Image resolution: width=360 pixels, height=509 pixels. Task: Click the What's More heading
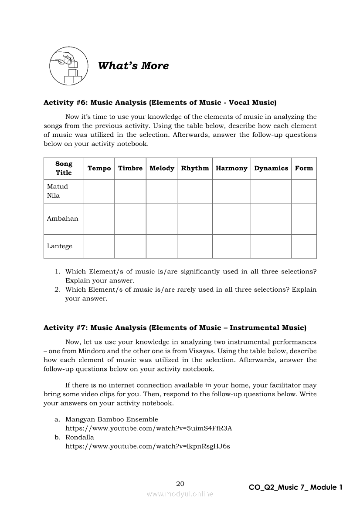coord(133,66)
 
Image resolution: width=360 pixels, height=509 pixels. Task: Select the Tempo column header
coord(99,169)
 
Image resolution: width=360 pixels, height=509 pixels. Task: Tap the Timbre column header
coord(130,169)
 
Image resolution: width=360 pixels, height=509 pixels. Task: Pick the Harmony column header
coord(231,169)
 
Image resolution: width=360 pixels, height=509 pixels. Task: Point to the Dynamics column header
coord(271,169)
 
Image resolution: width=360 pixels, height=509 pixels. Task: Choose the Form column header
coord(304,169)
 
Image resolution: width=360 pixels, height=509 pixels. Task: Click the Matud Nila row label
coord(58,191)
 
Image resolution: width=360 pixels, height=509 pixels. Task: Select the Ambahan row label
coord(63,219)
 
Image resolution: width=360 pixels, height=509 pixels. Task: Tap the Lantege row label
coord(60,246)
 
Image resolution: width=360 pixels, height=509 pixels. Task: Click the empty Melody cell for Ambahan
coord(162,219)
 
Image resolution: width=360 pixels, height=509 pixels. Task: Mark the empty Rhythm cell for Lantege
coord(195,246)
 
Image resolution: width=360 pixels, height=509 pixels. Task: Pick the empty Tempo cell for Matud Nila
coord(99,191)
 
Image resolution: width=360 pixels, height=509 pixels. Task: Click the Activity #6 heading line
coord(160,103)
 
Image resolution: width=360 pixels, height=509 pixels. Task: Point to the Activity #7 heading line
coord(175,328)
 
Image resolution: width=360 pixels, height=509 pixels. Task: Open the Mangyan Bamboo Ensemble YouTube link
coord(149,428)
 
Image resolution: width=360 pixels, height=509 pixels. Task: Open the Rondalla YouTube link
coord(148,446)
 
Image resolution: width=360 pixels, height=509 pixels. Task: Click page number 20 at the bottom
coord(180,484)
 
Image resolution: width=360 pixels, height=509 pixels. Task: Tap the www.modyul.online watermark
coord(180,494)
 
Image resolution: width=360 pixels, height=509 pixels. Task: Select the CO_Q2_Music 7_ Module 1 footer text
coord(295,488)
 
